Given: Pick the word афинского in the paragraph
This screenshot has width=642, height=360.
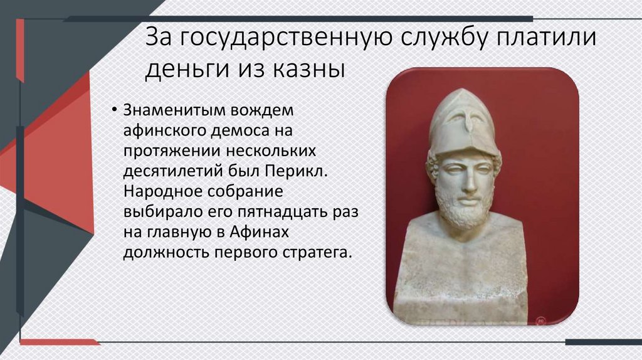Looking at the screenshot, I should coord(157,132).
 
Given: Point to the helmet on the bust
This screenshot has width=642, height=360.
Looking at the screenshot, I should coord(464,122).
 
